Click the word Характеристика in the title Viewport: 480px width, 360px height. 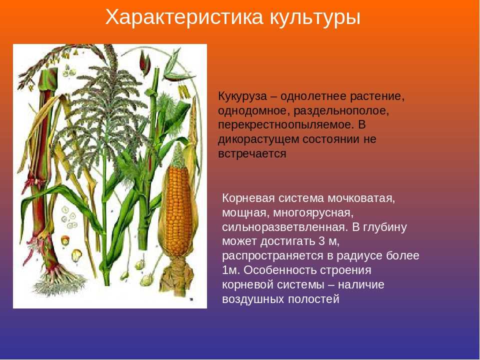coord(184,17)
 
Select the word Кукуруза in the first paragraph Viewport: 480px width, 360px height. coord(242,96)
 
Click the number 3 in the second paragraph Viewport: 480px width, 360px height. coord(321,241)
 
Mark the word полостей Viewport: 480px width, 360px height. coord(314,299)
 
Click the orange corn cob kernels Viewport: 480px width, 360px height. coord(178,211)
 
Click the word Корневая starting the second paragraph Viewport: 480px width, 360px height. coord(248,198)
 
